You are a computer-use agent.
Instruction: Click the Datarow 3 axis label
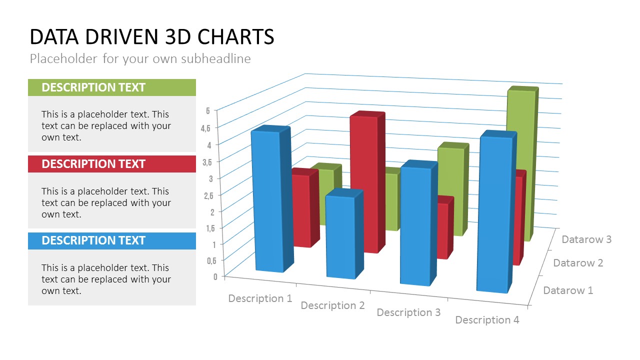(x=586, y=239)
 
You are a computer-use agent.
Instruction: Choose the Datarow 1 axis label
(x=568, y=290)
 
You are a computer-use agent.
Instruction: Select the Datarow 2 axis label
(x=578, y=263)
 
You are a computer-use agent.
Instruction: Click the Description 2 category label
(x=332, y=305)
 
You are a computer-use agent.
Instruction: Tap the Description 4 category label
(x=487, y=320)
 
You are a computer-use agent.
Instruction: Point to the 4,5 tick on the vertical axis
(x=205, y=128)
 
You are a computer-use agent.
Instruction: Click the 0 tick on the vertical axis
(x=215, y=276)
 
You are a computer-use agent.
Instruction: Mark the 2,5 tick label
(x=208, y=195)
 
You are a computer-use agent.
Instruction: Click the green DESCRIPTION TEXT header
(x=112, y=87)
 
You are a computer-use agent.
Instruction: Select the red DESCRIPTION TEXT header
(x=112, y=164)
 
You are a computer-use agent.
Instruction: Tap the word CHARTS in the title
(x=235, y=37)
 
